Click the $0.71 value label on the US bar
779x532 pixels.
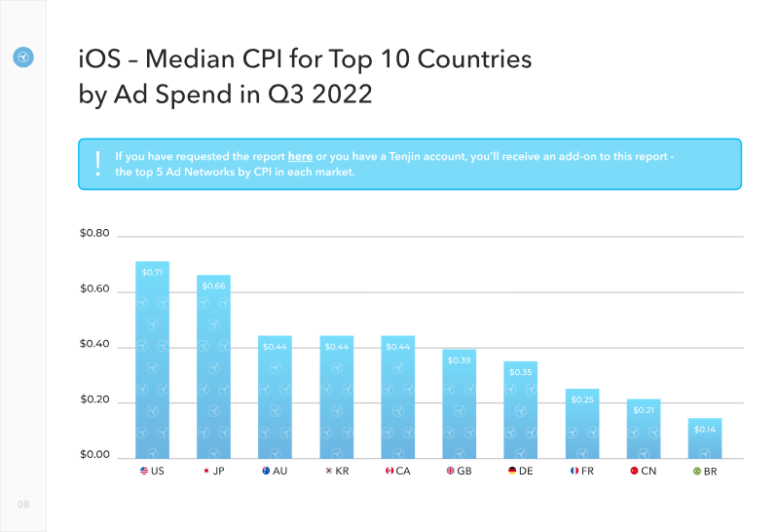click(152, 273)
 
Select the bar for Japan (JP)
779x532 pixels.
click(213, 367)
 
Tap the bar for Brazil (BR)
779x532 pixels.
click(705, 438)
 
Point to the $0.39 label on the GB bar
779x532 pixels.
click(459, 361)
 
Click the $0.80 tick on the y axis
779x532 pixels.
click(94, 233)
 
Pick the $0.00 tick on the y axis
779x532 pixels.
click(94, 454)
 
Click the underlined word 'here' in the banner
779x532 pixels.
click(300, 157)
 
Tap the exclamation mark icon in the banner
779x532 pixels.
click(98, 164)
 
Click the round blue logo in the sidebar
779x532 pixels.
click(22, 57)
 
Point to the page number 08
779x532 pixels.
click(23, 504)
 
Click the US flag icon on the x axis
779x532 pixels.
click(144, 471)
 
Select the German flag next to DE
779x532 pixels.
click(512, 471)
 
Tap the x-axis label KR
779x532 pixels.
click(342, 472)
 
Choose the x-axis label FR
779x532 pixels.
click(587, 472)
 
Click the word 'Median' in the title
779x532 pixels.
click(190, 59)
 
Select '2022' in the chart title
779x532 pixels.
click(342, 95)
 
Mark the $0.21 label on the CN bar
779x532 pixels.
click(644, 410)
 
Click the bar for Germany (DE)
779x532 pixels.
click(521, 410)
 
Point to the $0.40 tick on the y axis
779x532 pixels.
click(94, 344)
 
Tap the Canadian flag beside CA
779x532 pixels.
click(389, 471)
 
